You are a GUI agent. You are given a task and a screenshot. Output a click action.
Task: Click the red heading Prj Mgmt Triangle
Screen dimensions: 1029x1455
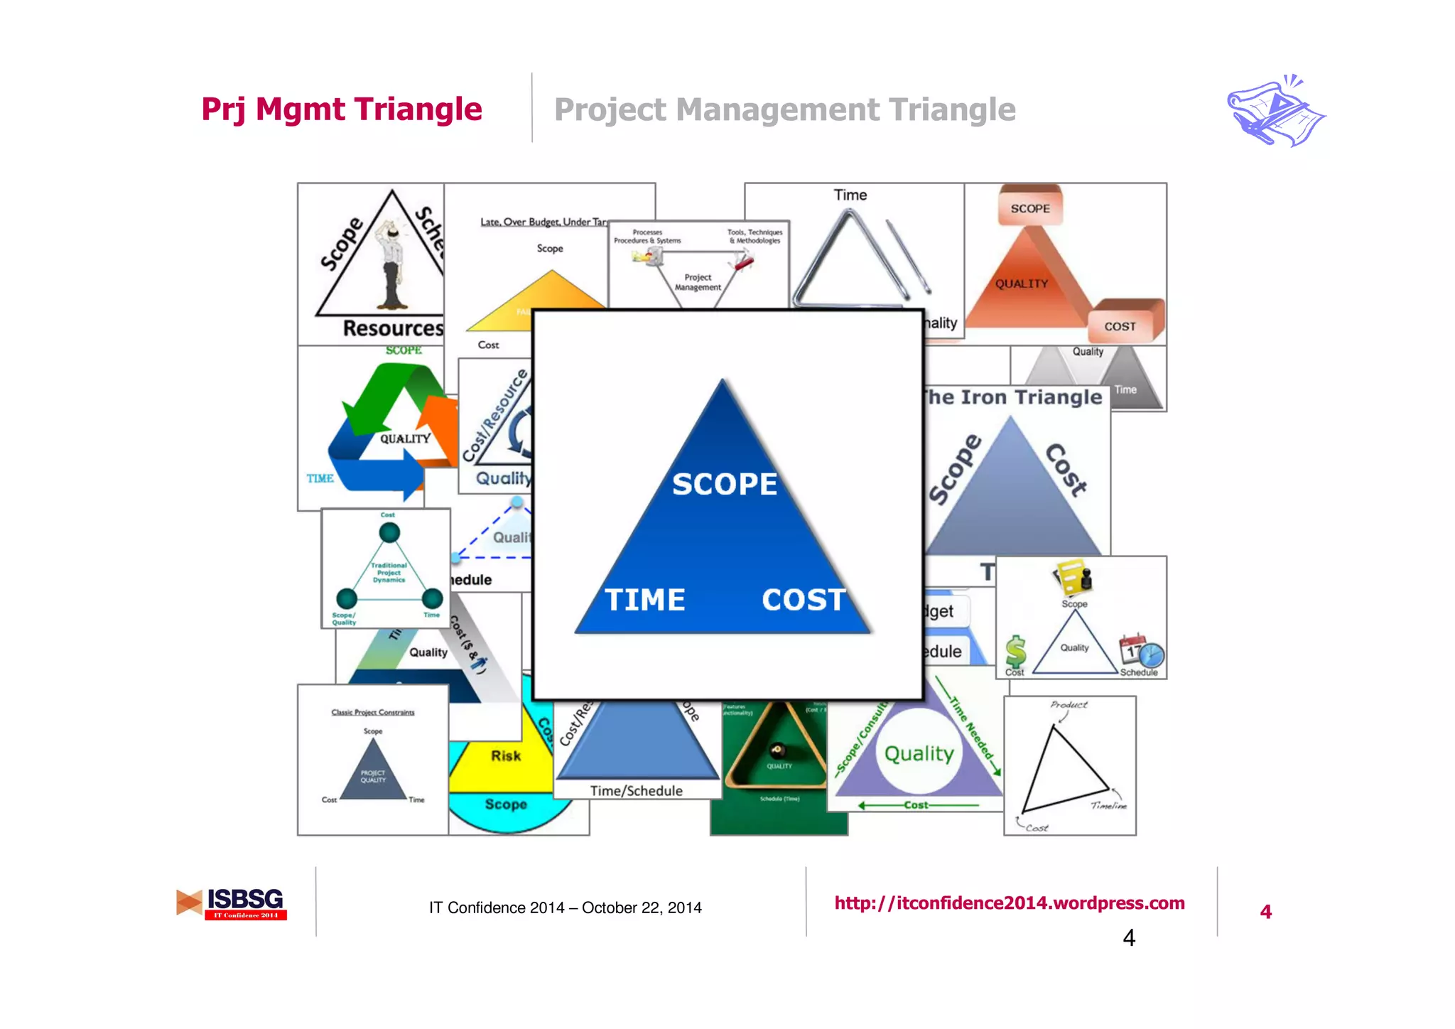tap(342, 109)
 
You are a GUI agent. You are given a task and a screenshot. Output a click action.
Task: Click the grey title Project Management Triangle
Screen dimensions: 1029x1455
tap(784, 110)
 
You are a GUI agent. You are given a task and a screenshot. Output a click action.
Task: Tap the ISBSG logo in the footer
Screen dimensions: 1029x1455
tap(232, 903)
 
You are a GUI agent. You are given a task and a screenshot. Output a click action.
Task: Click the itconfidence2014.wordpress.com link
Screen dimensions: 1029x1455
tap(1009, 903)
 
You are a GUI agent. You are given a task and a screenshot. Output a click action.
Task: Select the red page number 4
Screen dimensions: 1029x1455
tap(1265, 912)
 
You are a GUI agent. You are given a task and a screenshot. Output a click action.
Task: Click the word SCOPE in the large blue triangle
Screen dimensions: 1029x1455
tap(725, 484)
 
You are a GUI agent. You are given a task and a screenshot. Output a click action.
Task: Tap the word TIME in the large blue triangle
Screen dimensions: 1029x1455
tap(645, 600)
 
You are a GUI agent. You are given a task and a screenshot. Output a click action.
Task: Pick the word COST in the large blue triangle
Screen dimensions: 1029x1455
tap(804, 600)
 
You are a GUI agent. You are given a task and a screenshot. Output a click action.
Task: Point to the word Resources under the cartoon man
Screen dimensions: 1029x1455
tap(393, 328)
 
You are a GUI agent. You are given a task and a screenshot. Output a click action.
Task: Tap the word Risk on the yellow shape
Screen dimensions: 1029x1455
tap(506, 756)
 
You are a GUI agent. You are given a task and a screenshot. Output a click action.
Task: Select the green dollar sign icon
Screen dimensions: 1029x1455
tap(1015, 652)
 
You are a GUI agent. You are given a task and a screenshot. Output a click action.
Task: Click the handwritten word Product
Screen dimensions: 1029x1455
tap(1069, 705)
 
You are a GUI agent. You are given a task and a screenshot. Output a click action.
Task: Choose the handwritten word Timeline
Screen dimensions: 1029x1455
tap(1108, 805)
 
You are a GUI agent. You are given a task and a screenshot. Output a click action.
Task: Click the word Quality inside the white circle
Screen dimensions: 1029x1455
tap(919, 753)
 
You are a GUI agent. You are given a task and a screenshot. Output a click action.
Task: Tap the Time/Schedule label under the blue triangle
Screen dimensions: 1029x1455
tap(636, 791)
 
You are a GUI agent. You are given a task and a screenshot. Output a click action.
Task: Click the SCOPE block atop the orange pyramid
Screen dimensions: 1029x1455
tap(1030, 208)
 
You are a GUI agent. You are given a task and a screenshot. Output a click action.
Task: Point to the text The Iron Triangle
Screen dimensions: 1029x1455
tap(1014, 397)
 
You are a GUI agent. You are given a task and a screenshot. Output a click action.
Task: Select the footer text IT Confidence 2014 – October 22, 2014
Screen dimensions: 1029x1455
tap(565, 907)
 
